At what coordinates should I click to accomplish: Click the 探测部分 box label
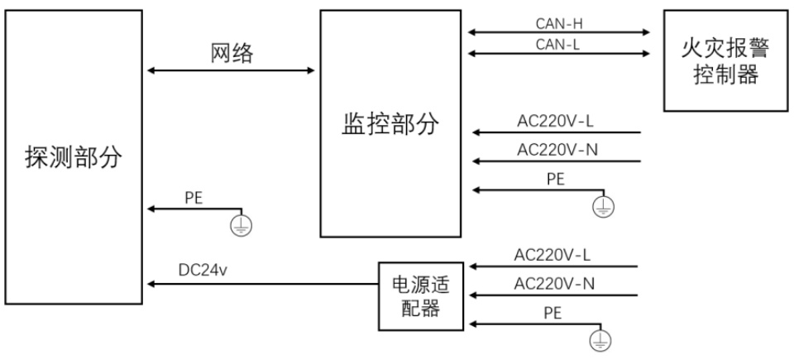74,158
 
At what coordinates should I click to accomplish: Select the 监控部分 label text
390,124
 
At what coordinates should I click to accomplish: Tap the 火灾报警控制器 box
725,61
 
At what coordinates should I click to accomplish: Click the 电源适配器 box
421,296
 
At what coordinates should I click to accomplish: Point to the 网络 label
232,53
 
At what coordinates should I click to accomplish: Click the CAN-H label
558,23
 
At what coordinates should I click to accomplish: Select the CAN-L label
558,45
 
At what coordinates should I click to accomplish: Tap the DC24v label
203,270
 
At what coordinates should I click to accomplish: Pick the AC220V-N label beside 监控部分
557,150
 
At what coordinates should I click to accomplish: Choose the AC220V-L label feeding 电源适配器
552,255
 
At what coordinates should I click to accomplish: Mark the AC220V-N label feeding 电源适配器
554,283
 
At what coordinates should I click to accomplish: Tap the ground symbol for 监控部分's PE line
603,206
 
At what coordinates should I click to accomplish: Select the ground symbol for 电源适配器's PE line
600,341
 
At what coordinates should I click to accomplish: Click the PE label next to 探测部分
194,199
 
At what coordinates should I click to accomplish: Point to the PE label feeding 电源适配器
553,313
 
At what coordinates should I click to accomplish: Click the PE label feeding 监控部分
556,179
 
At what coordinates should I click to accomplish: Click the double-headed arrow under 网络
231,70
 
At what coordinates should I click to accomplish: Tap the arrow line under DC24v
263,284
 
